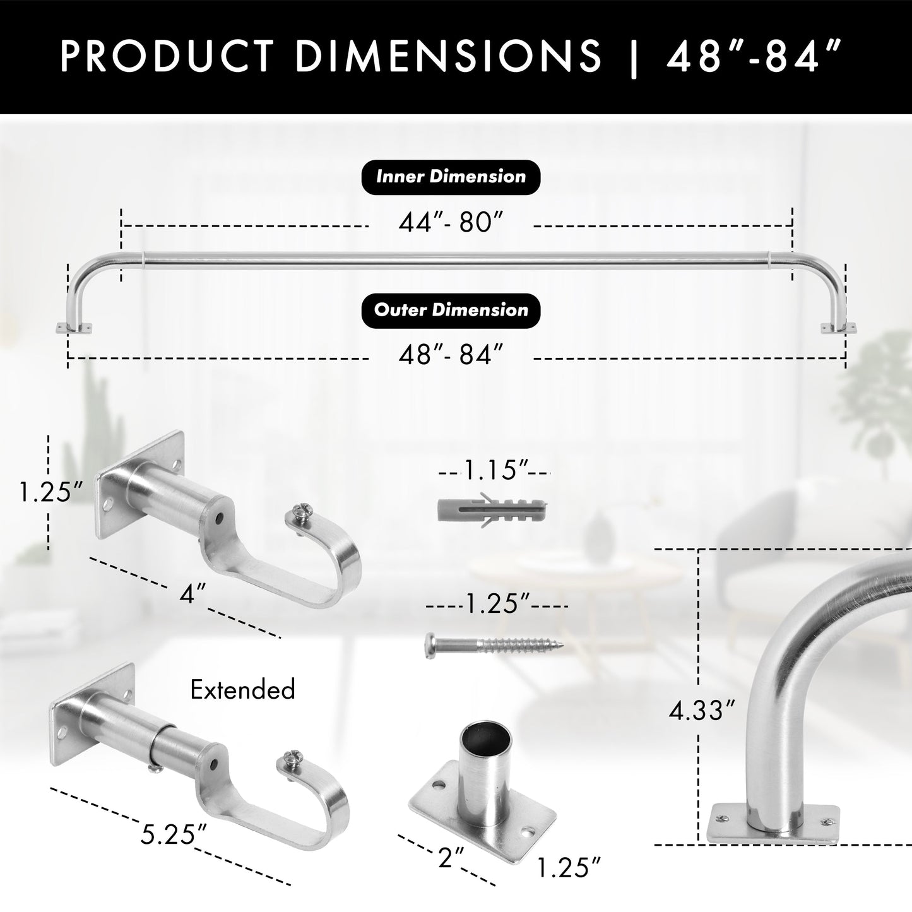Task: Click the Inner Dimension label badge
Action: pyautogui.click(x=451, y=176)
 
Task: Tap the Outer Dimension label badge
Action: pyautogui.click(x=451, y=310)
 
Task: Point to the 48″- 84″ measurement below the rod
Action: pyautogui.click(x=451, y=355)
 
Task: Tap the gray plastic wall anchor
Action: pyautogui.click(x=492, y=507)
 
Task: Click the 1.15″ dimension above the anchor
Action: pyautogui.click(x=495, y=470)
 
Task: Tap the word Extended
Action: pyautogui.click(x=242, y=690)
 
